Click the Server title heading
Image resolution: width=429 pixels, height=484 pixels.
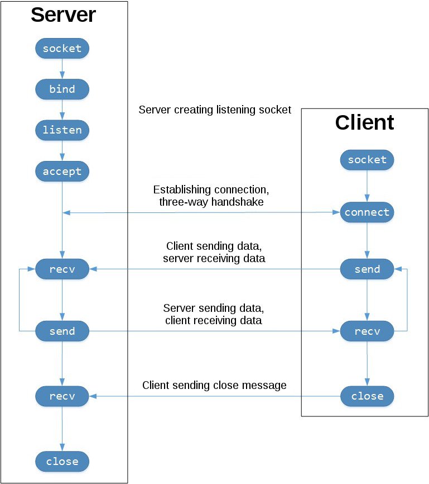point(63,15)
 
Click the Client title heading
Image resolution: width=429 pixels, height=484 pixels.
point(364,122)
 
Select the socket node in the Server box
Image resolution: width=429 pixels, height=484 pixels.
point(62,49)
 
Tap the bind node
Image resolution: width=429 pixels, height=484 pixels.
point(62,89)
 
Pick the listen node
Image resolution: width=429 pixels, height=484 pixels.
point(62,130)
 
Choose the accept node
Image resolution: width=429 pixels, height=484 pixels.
point(62,172)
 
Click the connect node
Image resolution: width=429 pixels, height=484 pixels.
point(367,213)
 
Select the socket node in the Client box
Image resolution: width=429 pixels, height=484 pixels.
point(367,160)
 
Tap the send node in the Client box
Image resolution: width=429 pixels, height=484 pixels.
point(367,269)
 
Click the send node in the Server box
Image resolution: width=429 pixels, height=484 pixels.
point(62,331)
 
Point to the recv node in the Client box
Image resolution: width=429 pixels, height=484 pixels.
point(367,331)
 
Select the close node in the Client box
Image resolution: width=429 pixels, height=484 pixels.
point(367,396)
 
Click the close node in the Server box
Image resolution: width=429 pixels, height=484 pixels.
point(62,462)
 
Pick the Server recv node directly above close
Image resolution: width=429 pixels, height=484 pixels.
point(62,396)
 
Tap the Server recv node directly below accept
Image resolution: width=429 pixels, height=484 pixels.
point(62,269)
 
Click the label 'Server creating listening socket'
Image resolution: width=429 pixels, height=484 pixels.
point(215,110)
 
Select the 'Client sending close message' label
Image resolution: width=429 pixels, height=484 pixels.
point(214,386)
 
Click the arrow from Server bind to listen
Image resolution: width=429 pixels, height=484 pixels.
point(62,110)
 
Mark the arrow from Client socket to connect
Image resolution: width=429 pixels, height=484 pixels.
point(367,186)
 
